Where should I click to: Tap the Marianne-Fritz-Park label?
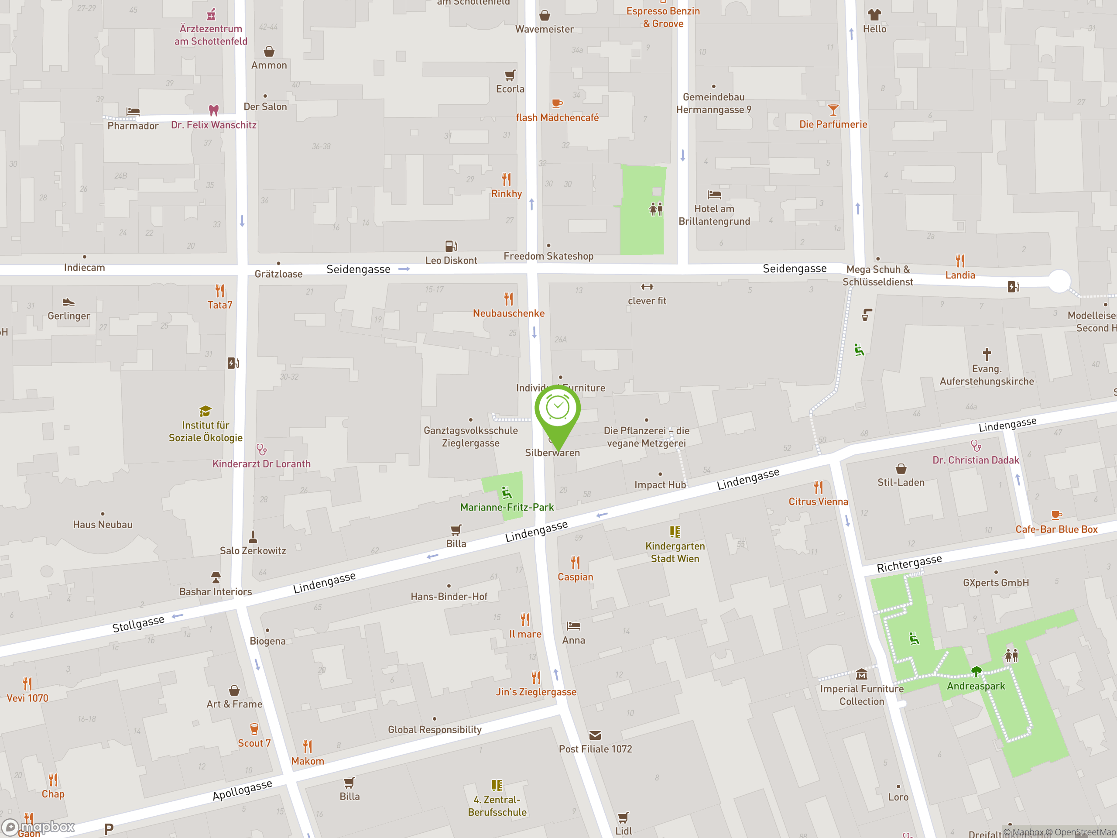coord(507,507)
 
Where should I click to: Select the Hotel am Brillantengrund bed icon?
coord(714,195)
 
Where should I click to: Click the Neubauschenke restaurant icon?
coord(508,299)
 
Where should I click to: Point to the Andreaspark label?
coord(976,686)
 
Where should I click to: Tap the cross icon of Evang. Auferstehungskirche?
coord(987,354)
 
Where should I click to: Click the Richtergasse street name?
coord(909,563)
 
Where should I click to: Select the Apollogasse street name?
coord(243,790)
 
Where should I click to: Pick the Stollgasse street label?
coord(138,624)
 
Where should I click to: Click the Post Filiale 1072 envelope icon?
coord(595,735)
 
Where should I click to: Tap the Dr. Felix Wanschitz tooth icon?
coord(214,110)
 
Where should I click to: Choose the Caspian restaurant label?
coord(575,577)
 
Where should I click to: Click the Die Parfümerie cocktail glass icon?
coord(833,110)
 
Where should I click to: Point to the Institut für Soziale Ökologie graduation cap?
coord(205,411)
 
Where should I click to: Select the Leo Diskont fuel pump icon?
coord(450,246)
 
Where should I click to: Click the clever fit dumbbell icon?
coord(647,287)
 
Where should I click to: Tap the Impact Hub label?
coord(660,485)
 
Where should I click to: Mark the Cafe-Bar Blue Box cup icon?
coord(1056,515)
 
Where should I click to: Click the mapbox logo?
coord(38,827)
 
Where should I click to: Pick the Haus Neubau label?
coord(103,524)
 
